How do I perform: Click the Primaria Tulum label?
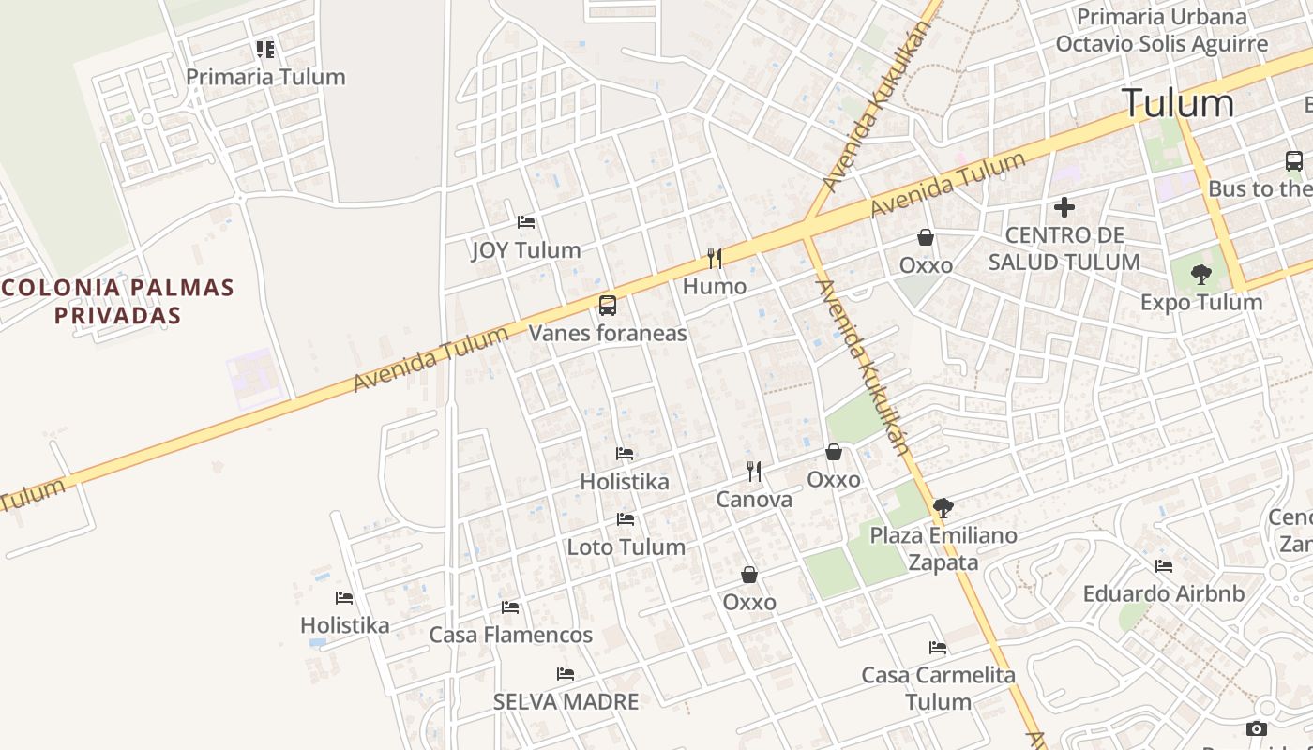pyautogui.click(x=265, y=77)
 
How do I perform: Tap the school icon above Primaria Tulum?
pyautogui.click(x=265, y=49)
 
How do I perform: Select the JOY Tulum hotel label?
pyautogui.click(x=525, y=250)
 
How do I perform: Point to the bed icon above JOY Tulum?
pyautogui.click(x=526, y=222)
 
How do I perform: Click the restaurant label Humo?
pyautogui.click(x=715, y=286)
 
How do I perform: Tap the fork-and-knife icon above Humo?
pyautogui.click(x=715, y=259)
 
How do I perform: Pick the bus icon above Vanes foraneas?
pyautogui.click(x=608, y=305)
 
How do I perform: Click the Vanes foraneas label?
pyautogui.click(x=608, y=333)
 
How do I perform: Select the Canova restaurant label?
pyautogui.click(x=754, y=500)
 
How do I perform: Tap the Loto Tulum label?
pyautogui.click(x=626, y=547)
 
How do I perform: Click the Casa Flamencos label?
pyautogui.click(x=511, y=635)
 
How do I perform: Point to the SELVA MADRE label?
pyautogui.click(x=566, y=701)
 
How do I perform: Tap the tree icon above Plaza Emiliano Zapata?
pyautogui.click(x=943, y=508)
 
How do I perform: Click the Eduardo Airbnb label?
pyautogui.click(x=1164, y=593)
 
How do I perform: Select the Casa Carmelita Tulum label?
pyautogui.click(x=938, y=687)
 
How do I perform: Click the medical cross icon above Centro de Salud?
pyautogui.click(x=1064, y=207)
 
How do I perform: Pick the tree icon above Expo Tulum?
pyautogui.click(x=1201, y=275)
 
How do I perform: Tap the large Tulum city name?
pyautogui.click(x=1178, y=103)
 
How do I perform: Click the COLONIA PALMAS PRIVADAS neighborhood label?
pyautogui.click(x=117, y=301)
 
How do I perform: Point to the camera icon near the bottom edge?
pyautogui.click(x=1257, y=729)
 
